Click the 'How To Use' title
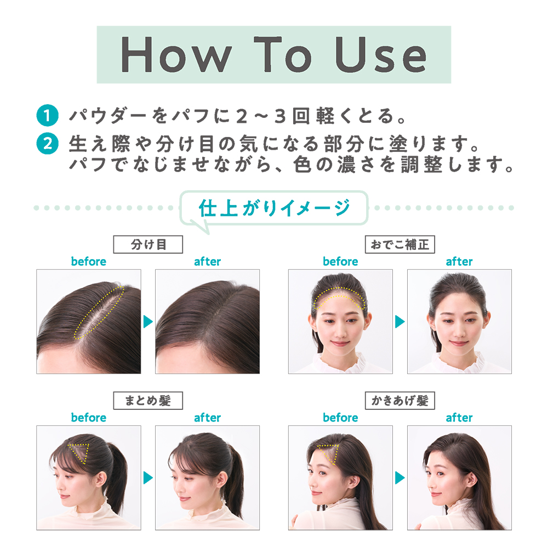[x=273, y=54]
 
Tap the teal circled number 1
[x=47, y=116]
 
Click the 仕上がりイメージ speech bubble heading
[x=274, y=208]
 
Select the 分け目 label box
[x=148, y=244]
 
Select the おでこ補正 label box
[x=399, y=244]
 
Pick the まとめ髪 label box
[x=148, y=401]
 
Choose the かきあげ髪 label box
[x=399, y=401]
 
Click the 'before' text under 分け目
[x=88, y=261]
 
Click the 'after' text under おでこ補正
[x=459, y=261]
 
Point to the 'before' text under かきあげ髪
[x=340, y=418]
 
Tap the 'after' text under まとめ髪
[x=207, y=418]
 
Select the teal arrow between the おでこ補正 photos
[x=399, y=322]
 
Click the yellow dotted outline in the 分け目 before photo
[x=101, y=312]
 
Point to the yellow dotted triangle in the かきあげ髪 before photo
[x=328, y=454]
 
